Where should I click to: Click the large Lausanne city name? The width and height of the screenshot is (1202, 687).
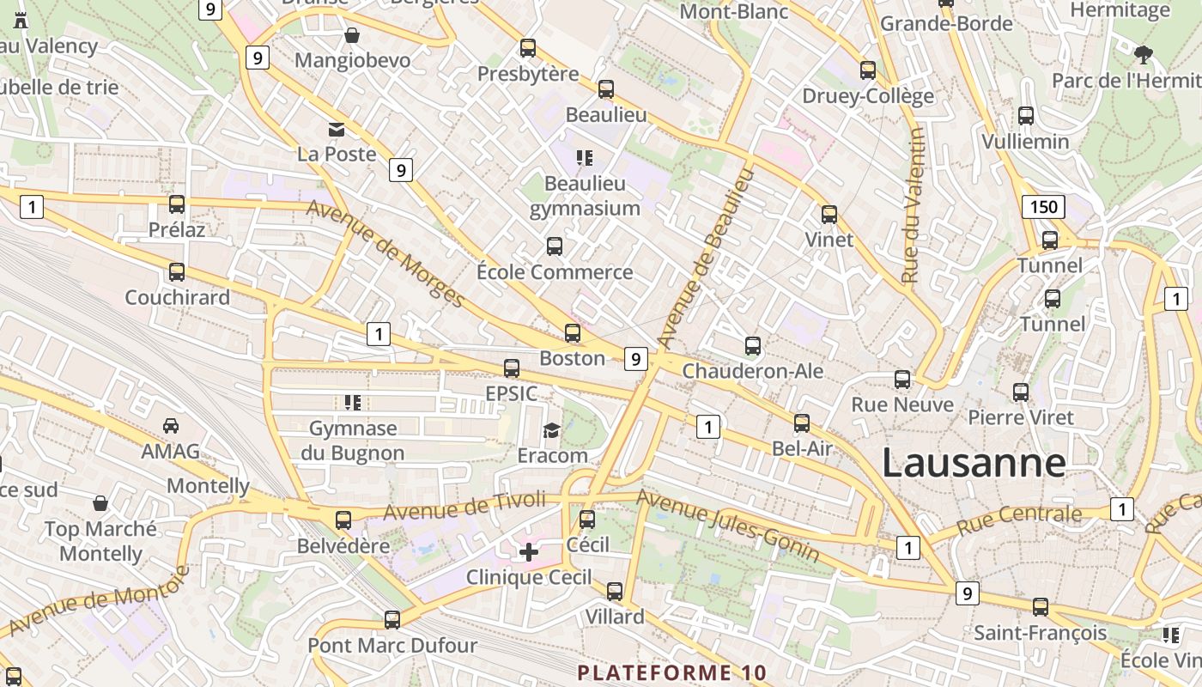coord(974,463)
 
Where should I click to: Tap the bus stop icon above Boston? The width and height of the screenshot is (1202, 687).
coord(573,333)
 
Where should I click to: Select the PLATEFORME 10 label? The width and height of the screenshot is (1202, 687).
coord(672,672)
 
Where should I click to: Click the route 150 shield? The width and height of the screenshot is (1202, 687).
coord(1043,207)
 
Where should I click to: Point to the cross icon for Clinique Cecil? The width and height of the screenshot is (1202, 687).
coord(529,552)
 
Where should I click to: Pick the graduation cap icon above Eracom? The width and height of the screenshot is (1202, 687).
coord(551,430)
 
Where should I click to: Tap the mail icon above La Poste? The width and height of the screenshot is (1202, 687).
coord(337,130)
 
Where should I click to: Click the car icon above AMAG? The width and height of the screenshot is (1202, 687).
coord(171,426)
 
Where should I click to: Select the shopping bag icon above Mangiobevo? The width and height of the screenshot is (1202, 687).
coord(352,35)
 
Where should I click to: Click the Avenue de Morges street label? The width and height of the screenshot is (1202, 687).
coord(385,253)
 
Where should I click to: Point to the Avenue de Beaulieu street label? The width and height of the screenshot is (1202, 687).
coord(707,258)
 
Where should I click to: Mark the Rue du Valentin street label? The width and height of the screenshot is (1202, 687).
coord(913,206)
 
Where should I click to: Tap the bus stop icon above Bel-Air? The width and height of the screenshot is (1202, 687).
coord(801,423)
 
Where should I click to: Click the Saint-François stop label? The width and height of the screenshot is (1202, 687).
coord(1040,633)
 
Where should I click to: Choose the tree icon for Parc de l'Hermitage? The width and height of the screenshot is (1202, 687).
coord(1143,56)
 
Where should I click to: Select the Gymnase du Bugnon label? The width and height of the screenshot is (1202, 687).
coord(352,441)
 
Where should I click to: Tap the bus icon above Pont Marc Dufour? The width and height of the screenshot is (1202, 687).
coord(392,619)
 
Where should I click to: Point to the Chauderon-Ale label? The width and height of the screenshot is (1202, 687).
coord(752,371)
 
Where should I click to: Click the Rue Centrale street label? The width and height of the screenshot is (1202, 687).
coord(1019,520)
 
